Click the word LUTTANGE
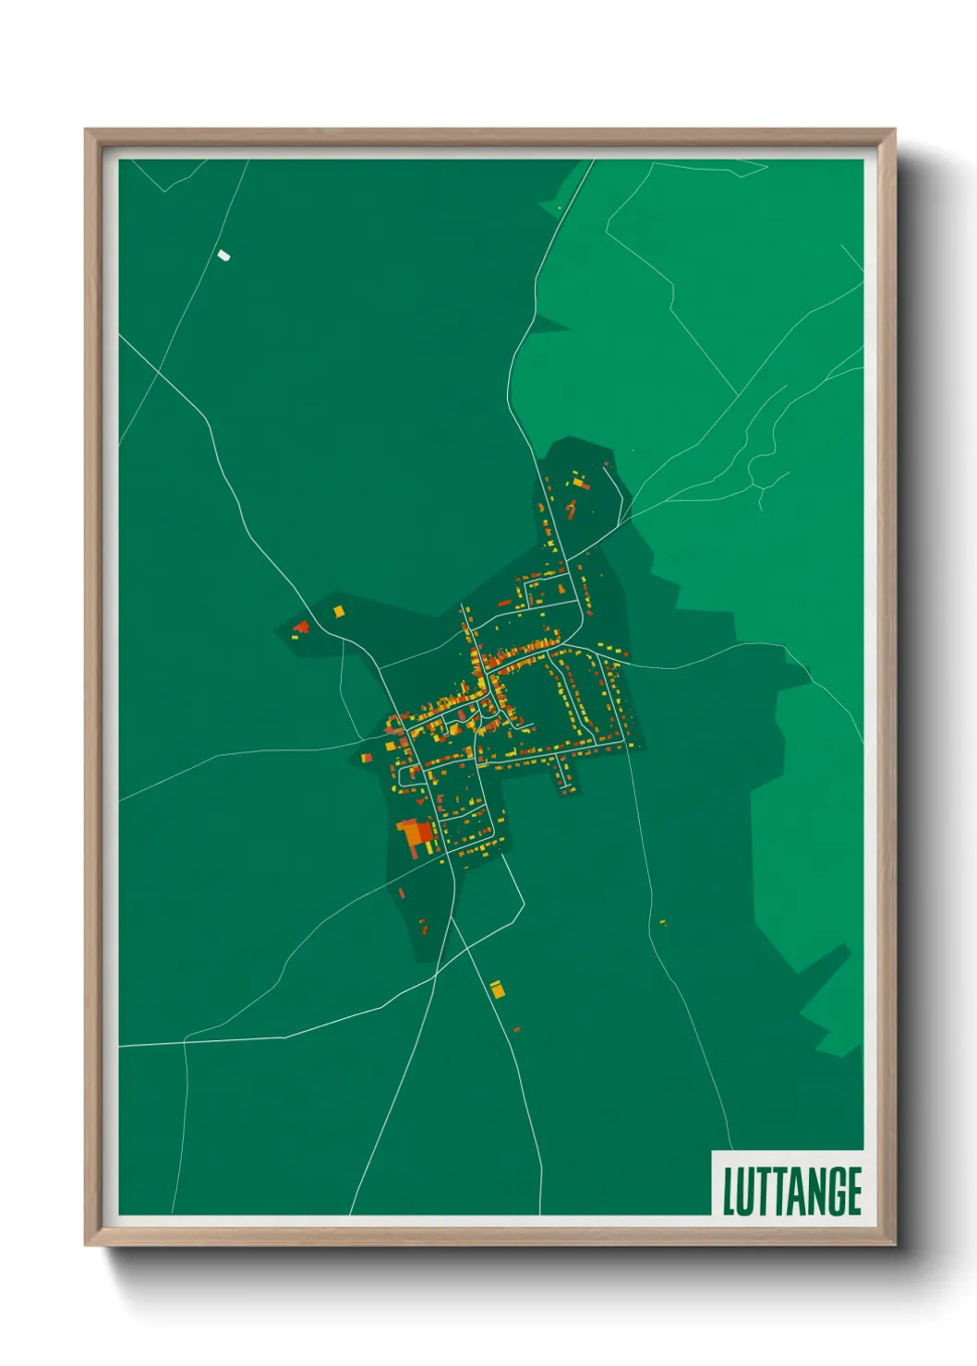[x=791, y=1191]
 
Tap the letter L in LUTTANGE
[x=728, y=1191]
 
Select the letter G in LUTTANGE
[x=834, y=1191]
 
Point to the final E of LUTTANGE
[x=854, y=1191]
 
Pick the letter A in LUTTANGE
[x=793, y=1191]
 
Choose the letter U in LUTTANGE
[x=743, y=1191]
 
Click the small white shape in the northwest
[x=223, y=256]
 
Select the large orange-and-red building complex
[x=416, y=835]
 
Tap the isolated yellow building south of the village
[x=497, y=989]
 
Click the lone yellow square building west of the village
[x=338, y=611]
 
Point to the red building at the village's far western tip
[x=301, y=628]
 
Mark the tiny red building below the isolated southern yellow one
[x=516, y=1029]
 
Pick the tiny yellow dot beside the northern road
[x=560, y=209]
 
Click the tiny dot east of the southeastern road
[x=662, y=921]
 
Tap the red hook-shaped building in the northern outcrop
[x=571, y=509]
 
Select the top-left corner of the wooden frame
[x=86, y=130]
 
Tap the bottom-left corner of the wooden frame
[x=86, y=1244]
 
